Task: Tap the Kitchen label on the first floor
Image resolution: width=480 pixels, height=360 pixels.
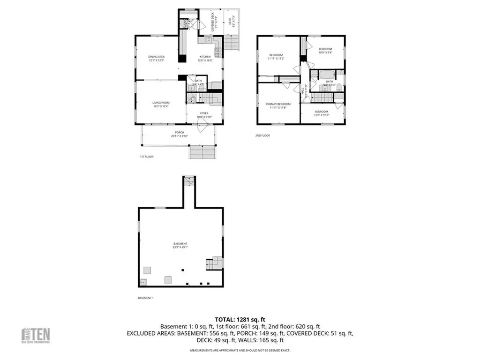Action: tap(205, 59)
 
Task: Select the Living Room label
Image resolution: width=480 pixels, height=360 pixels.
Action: tap(160, 104)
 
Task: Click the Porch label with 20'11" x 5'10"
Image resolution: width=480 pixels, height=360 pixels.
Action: tap(180, 134)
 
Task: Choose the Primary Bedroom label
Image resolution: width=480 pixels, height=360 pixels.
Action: tap(278, 105)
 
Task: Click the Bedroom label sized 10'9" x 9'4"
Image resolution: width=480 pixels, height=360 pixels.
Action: tap(325, 51)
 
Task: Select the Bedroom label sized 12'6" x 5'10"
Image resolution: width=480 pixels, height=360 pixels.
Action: tap(322, 113)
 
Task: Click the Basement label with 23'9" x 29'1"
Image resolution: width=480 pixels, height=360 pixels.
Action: tap(180, 245)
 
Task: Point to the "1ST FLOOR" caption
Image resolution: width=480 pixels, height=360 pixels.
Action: tap(147, 157)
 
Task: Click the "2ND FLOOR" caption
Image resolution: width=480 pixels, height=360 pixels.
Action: tap(263, 135)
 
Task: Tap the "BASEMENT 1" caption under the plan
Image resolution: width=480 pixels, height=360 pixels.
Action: tap(146, 298)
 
